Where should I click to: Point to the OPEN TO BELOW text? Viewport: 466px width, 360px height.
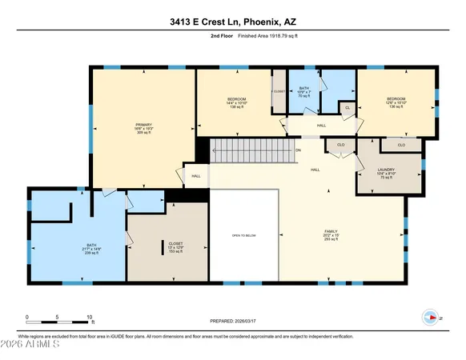(x=243, y=235)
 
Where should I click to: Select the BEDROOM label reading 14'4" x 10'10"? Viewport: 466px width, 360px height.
(x=236, y=102)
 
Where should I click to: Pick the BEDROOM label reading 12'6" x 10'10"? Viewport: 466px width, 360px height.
(x=396, y=102)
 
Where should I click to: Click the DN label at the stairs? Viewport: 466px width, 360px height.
(x=298, y=150)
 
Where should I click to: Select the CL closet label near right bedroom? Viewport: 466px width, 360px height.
(x=347, y=107)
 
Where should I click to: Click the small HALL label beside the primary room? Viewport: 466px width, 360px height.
(x=195, y=175)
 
